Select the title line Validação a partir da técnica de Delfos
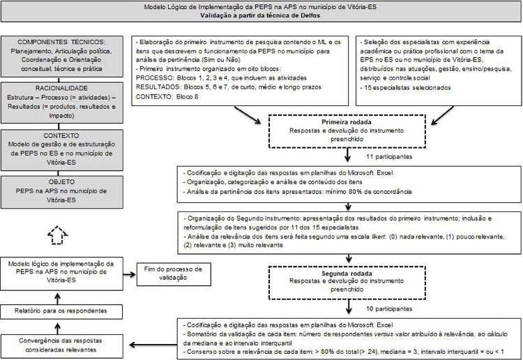tap(261, 15)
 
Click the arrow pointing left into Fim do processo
tap(127, 273)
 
